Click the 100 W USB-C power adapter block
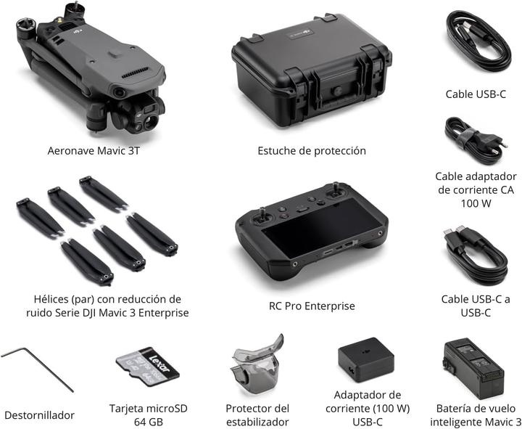pos(366,359)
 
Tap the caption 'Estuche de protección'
pos(312,151)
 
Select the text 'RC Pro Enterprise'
pos(312,306)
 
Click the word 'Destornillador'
pos(39,415)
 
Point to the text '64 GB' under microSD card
pos(148,422)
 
